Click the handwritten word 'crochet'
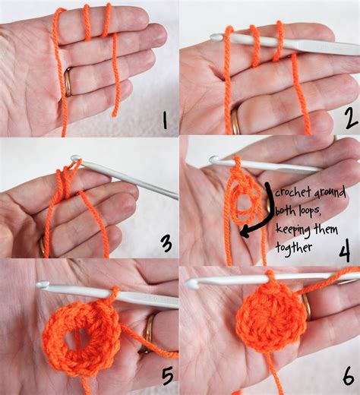pos(294,191)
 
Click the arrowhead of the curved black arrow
pos(244,233)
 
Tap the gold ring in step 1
pos(68,81)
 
